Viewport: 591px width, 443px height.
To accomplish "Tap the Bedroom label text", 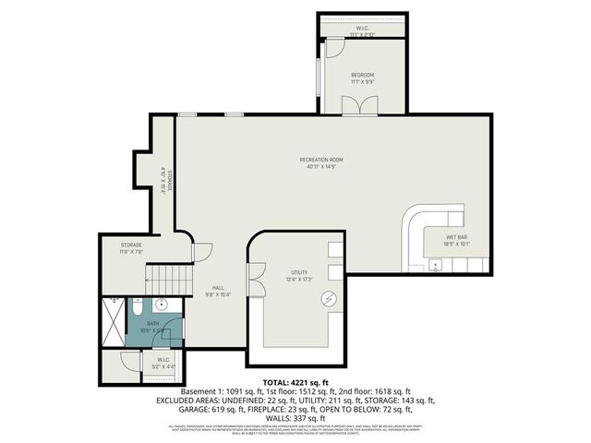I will [361, 74].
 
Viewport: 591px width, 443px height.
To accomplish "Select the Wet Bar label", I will [456, 238].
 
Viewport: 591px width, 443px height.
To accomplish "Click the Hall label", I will [218, 288].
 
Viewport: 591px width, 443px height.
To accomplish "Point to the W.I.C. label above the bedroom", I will [363, 30].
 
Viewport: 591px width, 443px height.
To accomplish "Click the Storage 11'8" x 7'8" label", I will [130, 246].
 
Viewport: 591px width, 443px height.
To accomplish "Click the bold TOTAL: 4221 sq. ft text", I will [295, 381].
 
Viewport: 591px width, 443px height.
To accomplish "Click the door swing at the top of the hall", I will [202, 250].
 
